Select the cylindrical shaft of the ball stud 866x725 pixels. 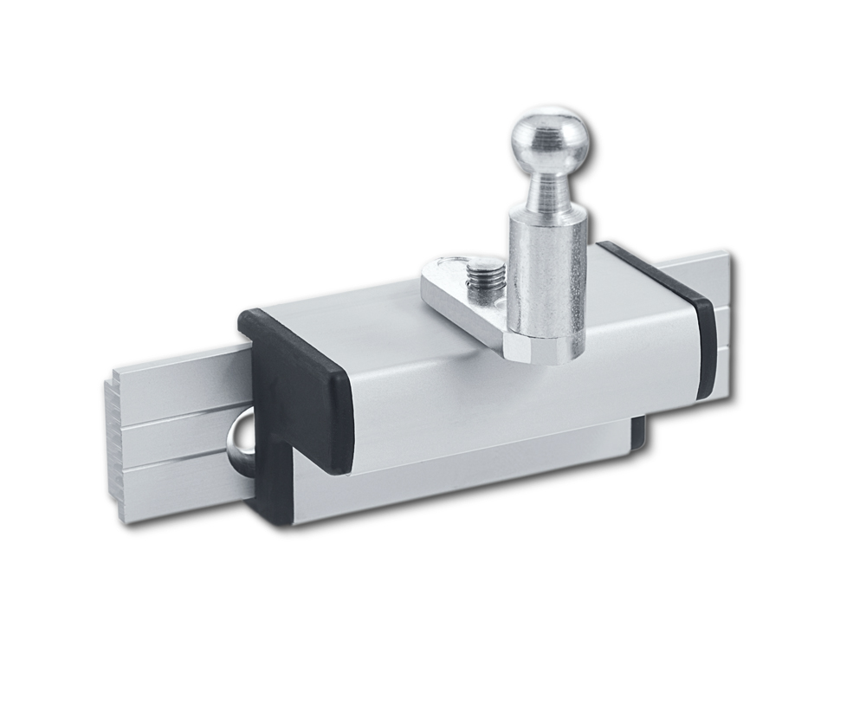(547, 269)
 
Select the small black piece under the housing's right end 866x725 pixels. (639, 433)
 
